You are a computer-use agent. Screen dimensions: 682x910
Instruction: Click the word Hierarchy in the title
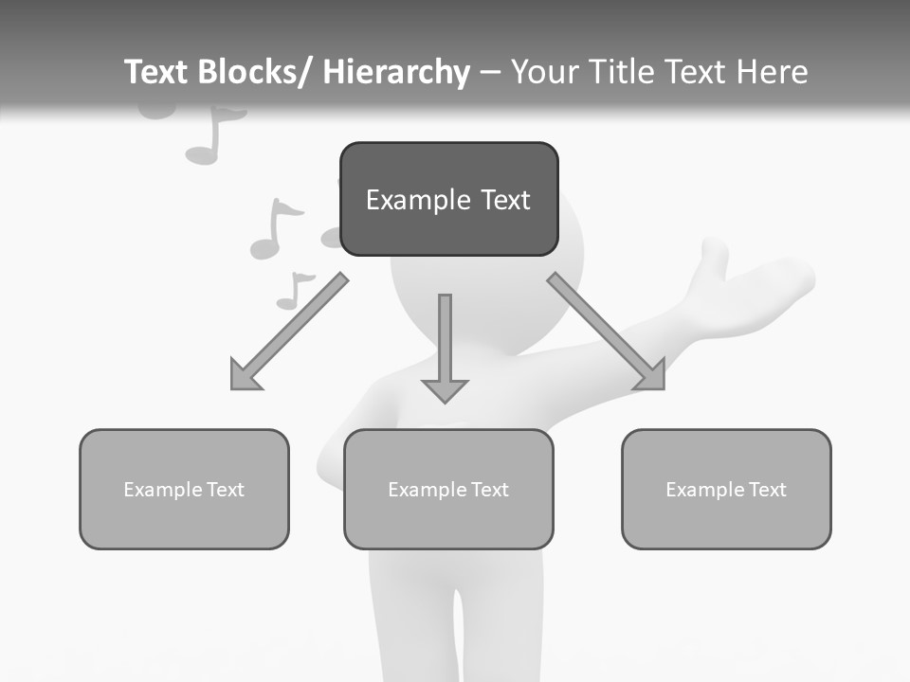coord(396,72)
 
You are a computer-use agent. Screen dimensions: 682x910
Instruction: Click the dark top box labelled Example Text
coord(448,227)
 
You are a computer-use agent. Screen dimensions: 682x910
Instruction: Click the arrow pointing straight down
coord(445,347)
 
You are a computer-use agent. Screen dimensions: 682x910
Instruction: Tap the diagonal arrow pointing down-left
coord(289,332)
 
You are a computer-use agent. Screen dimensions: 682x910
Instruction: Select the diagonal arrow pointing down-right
coord(607,332)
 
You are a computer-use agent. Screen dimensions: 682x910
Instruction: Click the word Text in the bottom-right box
coord(766,490)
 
